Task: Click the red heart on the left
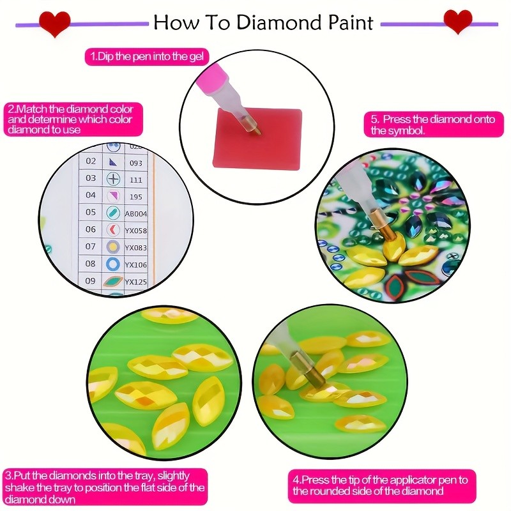(54, 24)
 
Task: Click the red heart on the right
(457, 22)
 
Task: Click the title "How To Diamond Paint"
(263, 23)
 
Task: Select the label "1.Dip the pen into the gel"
(148, 57)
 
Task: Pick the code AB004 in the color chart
(135, 213)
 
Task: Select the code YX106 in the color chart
(135, 264)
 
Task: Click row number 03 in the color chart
(91, 178)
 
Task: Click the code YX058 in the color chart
(135, 230)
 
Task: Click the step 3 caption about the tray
(105, 487)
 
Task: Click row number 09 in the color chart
(91, 281)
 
